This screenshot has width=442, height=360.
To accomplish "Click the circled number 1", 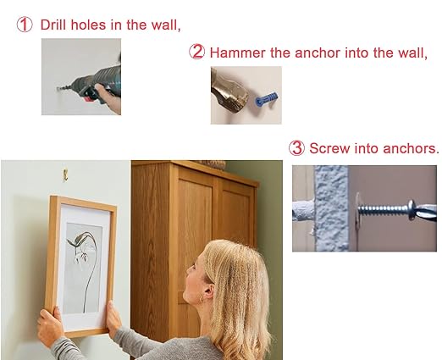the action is click(25, 25).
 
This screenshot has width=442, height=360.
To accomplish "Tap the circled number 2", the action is click(196, 52).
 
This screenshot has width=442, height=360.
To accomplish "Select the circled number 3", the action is click(296, 148).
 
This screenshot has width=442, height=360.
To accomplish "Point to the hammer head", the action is click(229, 95).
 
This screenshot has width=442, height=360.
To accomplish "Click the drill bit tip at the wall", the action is click(58, 89).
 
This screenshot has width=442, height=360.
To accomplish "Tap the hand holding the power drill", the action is click(109, 98).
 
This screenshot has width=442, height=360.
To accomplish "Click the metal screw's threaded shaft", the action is click(383, 209).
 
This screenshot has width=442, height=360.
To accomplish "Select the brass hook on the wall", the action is click(65, 175).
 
